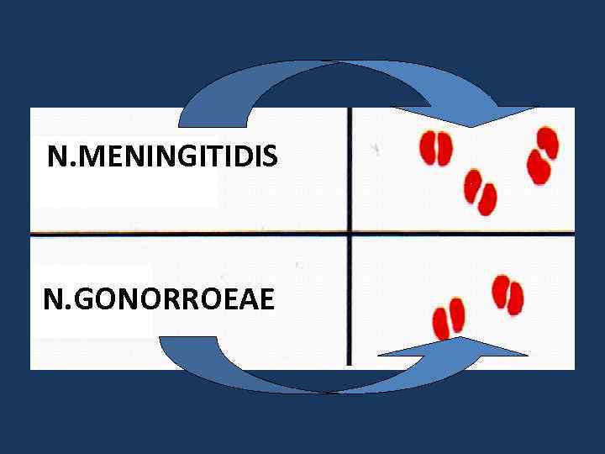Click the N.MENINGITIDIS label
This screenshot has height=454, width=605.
[162, 156]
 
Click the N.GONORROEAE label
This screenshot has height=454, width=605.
[159, 299]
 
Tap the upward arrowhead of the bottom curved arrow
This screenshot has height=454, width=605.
[460, 347]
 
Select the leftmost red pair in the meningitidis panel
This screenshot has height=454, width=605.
[435, 149]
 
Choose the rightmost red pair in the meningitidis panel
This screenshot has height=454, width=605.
[542, 156]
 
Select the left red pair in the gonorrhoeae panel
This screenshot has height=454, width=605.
[448, 318]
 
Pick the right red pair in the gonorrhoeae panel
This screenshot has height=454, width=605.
[508, 294]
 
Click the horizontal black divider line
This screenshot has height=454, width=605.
[210, 231]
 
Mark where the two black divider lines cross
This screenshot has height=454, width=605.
[350, 231]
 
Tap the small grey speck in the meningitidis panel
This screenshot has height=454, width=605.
[376, 149]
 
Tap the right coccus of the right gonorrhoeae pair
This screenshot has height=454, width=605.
[515, 298]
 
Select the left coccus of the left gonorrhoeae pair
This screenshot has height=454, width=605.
[440, 323]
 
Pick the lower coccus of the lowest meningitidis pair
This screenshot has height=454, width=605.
[487, 199]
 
